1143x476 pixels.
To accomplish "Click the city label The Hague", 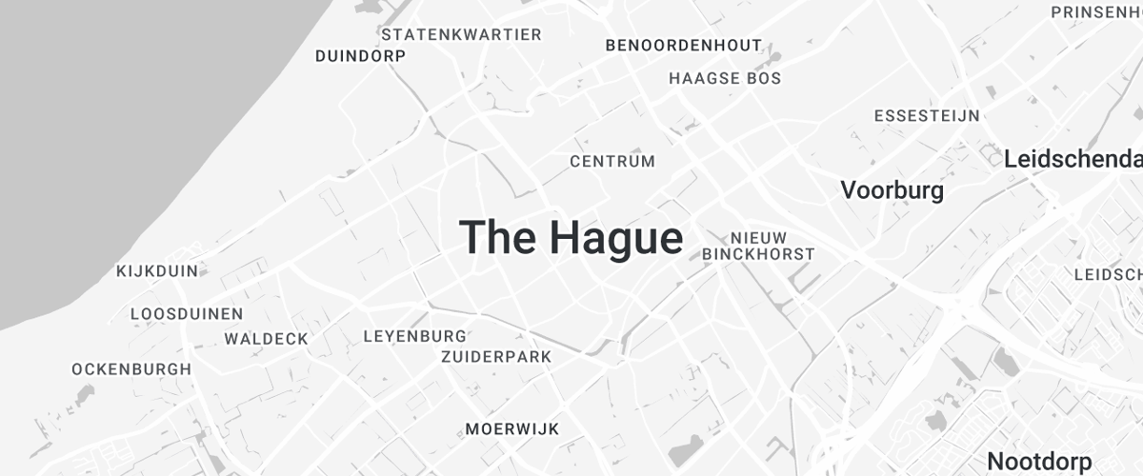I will point(571,237).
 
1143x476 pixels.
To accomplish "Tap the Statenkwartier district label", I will point(461,35).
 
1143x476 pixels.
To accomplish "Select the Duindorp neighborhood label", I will point(360,56).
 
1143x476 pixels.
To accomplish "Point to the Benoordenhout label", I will point(684,45).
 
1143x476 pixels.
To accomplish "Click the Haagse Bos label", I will point(725,78).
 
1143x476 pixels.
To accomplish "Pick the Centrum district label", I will point(612,162).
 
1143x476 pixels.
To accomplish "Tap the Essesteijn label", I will point(927,116).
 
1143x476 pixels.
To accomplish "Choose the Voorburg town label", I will point(892,190).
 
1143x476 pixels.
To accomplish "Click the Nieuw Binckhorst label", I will point(758,246).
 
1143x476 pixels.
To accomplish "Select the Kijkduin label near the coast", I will point(157,271).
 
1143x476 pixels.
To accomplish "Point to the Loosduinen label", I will point(187,313).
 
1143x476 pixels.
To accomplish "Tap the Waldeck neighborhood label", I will point(267,339).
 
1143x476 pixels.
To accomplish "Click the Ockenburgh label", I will point(131,369).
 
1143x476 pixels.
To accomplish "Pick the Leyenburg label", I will point(415,336).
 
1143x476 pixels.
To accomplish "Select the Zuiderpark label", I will point(496,357).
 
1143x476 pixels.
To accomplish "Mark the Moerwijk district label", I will point(512,429).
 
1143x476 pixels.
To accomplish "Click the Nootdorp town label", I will point(1039,462).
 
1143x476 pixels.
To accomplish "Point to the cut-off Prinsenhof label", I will point(1096,12).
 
